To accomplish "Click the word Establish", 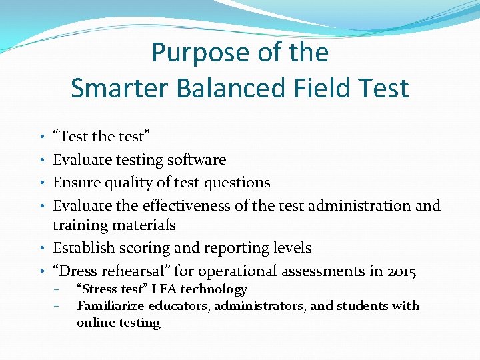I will coord(83,248).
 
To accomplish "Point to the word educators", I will coord(175,306).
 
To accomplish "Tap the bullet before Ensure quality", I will coord(43,183).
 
